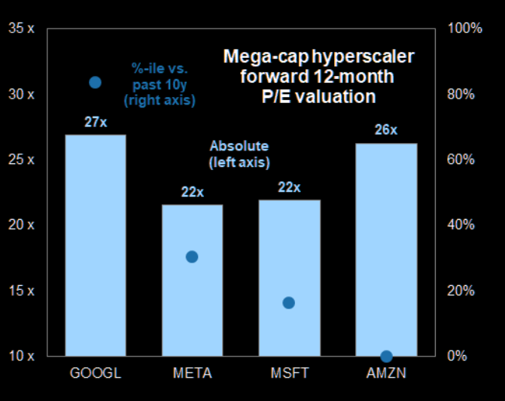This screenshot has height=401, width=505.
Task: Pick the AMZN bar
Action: tap(386, 248)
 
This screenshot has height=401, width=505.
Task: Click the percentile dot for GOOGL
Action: tap(96, 82)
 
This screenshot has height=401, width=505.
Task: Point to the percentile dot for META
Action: tap(192, 257)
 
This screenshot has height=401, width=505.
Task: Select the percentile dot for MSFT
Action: tap(288, 302)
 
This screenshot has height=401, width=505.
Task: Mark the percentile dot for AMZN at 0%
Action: tap(386, 356)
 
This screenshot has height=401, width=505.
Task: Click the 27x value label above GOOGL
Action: tap(96, 122)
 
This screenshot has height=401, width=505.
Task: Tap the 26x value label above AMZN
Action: tap(386, 129)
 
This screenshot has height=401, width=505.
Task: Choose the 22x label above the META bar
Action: tap(193, 191)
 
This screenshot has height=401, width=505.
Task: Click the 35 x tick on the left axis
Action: tap(21, 29)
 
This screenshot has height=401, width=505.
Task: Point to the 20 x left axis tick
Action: tap(21, 225)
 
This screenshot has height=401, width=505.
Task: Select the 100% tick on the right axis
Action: tap(464, 29)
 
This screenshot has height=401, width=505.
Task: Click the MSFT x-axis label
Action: tap(289, 374)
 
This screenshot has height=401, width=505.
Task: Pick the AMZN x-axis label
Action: tap(386, 374)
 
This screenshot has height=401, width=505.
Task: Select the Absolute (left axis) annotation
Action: tap(239, 153)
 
